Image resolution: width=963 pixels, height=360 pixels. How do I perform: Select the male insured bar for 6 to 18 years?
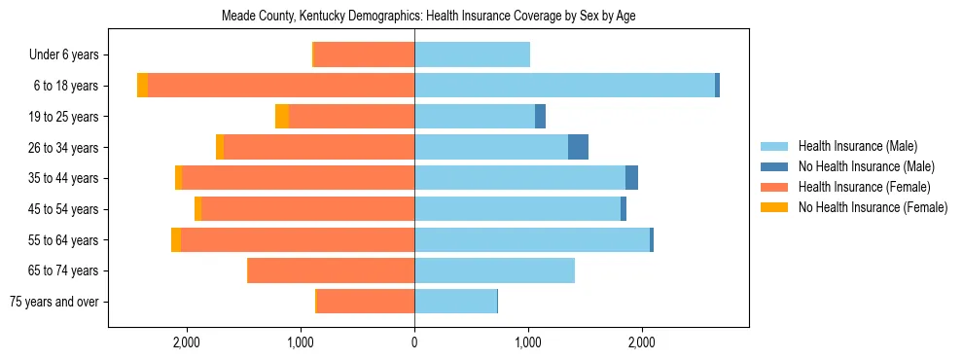tap(564, 86)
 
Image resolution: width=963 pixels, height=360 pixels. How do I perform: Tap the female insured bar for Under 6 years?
tap(364, 54)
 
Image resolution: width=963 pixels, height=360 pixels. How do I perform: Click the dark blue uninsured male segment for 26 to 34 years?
tap(578, 147)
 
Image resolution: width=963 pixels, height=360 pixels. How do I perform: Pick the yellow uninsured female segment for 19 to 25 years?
tap(282, 117)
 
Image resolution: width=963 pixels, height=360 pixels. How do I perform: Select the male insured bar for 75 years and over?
tap(455, 302)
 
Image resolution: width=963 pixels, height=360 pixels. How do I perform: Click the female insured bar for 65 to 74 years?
tap(331, 270)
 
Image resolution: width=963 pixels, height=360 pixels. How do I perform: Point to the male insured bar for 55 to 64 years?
tap(532, 239)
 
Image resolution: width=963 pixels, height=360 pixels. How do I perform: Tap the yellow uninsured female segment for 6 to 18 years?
tap(142, 86)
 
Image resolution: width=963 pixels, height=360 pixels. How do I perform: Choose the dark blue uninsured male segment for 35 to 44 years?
tap(631, 178)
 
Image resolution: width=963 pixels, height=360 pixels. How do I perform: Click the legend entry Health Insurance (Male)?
tap(857, 146)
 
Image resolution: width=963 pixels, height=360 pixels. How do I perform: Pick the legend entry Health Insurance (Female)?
tap(864, 187)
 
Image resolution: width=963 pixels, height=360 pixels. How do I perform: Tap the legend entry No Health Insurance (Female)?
tap(873, 207)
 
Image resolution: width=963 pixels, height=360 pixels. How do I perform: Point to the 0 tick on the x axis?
tap(414, 342)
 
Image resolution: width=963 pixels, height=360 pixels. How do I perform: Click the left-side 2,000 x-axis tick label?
tap(186, 342)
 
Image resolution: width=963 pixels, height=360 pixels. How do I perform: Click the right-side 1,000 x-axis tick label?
tap(528, 342)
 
